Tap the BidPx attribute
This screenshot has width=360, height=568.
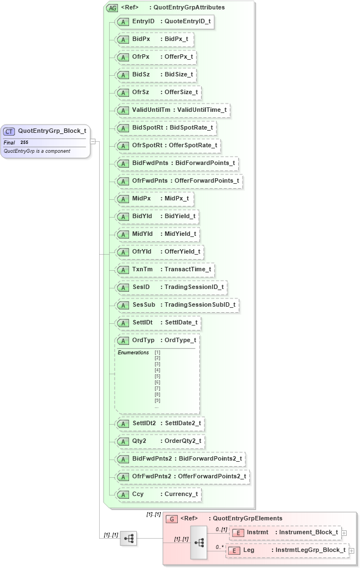pyautogui.click(x=155, y=39)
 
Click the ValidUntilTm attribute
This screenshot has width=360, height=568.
pyautogui.click(x=172, y=110)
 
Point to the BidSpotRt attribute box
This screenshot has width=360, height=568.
pyautogui.click(x=165, y=127)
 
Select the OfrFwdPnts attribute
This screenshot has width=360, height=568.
pyautogui.click(x=178, y=180)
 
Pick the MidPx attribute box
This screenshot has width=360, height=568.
pyautogui.click(x=153, y=198)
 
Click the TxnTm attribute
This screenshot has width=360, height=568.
pyautogui.click(x=164, y=269)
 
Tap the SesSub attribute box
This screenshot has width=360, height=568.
pyautogui.click(x=177, y=304)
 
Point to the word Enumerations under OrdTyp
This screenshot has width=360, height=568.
pyautogui.click(x=133, y=353)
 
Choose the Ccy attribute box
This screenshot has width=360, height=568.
pyautogui.click(x=158, y=494)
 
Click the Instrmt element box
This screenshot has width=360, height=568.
pyautogui.click(x=285, y=532)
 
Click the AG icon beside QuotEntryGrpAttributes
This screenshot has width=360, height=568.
pyautogui.click(x=112, y=8)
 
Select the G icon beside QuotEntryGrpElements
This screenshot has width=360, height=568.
pyautogui.click(x=172, y=519)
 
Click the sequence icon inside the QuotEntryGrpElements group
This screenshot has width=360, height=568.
pyautogui.click(x=199, y=542)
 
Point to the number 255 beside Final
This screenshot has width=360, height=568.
pyautogui.click(x=24, y=142)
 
